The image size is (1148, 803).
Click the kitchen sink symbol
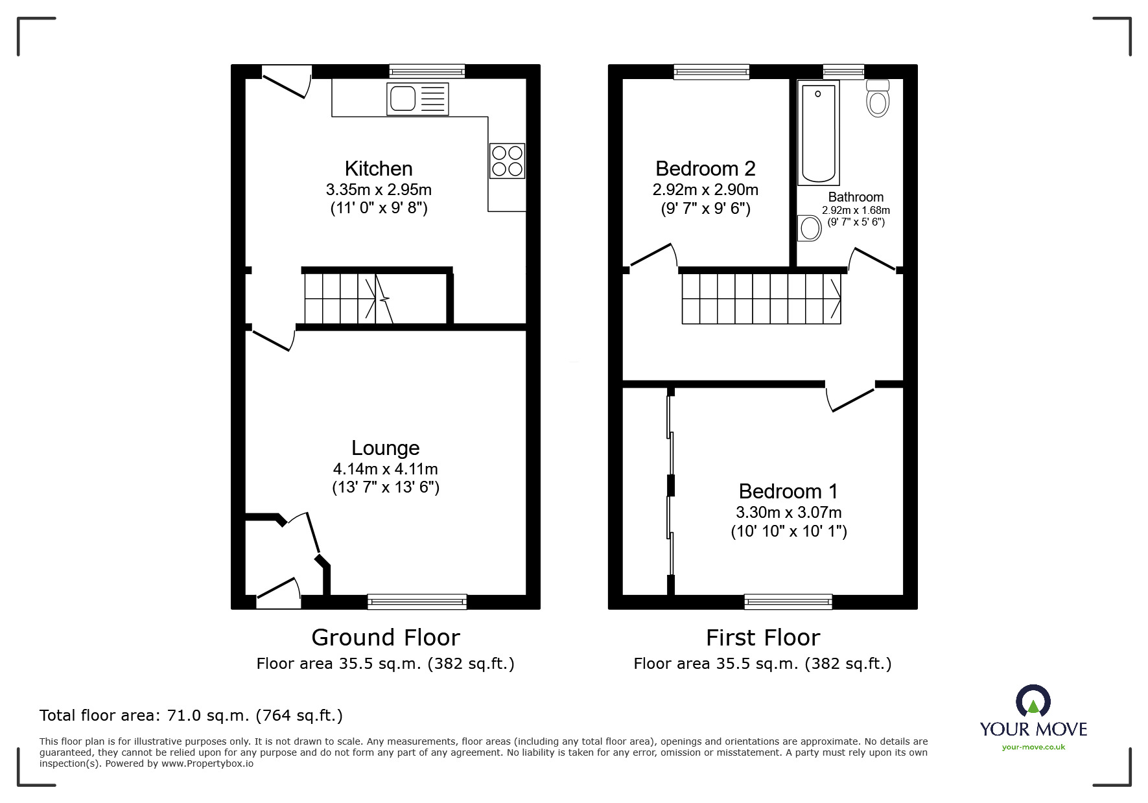point(417,99)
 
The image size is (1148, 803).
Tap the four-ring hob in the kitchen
point(507,161)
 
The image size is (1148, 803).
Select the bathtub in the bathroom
point(818,133)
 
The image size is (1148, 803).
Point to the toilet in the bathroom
point(878,99)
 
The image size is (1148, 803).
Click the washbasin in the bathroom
point(810,228)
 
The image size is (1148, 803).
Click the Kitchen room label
point(379,169)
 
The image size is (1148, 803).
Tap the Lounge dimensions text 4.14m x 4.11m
point(385,469)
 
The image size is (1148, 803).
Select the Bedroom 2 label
point(705,169)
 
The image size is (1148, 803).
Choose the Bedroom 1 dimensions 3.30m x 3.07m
point(788,512)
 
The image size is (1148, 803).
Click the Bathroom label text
point(856,197)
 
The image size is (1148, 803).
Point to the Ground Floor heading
point(386,638)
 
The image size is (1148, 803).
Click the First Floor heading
point(762,638)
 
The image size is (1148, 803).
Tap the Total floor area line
point(191,716)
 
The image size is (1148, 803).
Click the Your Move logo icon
point(1033,702)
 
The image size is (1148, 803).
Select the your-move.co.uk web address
point(1033,747)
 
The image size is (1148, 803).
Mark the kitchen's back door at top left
point(285,81)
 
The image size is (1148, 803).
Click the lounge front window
point(417,602)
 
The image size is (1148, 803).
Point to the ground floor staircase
point(350,298)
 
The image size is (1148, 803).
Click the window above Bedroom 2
point(711,71)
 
